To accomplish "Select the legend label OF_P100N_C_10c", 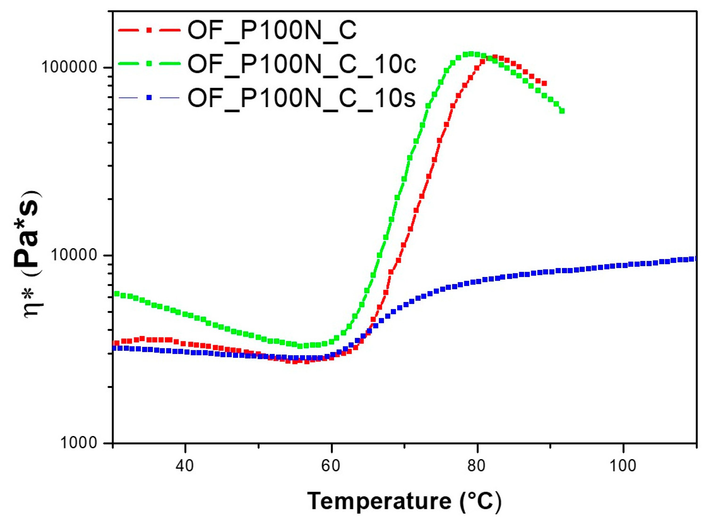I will [301, 64].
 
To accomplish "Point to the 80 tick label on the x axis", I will [477, 466].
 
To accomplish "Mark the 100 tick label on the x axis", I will [623, 466].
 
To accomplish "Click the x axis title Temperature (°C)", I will [404, 501].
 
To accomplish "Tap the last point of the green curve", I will [562, 111].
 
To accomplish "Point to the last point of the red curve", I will [544, 83].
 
